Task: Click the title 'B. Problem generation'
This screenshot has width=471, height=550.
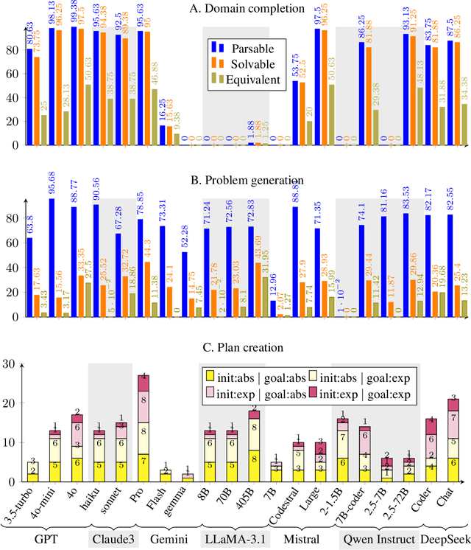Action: click(235, 180)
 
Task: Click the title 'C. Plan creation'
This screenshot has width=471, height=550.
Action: click(235, 347)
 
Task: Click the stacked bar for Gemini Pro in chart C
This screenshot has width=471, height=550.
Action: click(144, 428)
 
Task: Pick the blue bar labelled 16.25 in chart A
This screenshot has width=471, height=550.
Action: click(163, 135)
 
